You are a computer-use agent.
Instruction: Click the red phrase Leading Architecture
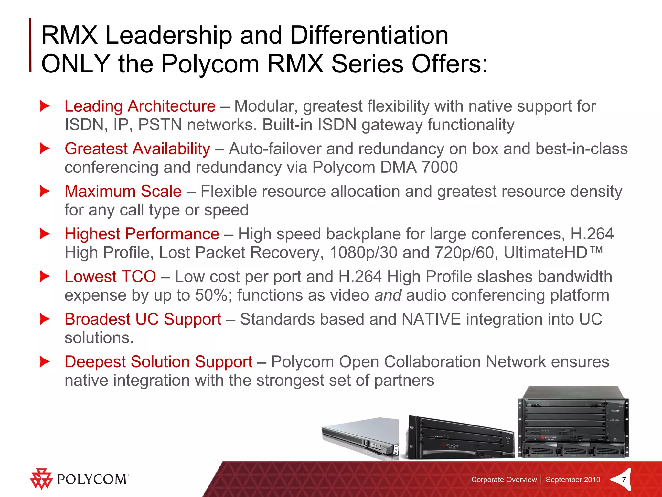140,106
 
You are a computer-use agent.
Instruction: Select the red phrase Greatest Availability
137,149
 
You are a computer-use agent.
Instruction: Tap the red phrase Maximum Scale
123,191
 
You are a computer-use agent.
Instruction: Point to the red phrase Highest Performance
142,234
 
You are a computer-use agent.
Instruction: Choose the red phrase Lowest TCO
110,277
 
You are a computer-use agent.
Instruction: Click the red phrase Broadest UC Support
143,319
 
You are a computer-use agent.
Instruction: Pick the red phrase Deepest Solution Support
158,362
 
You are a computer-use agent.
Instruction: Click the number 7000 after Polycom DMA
440,168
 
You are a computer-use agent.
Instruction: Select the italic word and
388,295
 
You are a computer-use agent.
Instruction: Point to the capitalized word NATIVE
431,319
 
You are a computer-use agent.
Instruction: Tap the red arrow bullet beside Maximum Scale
45,191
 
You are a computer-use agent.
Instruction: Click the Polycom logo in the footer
79,479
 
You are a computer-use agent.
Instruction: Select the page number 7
624,480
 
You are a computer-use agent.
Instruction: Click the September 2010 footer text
573,480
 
